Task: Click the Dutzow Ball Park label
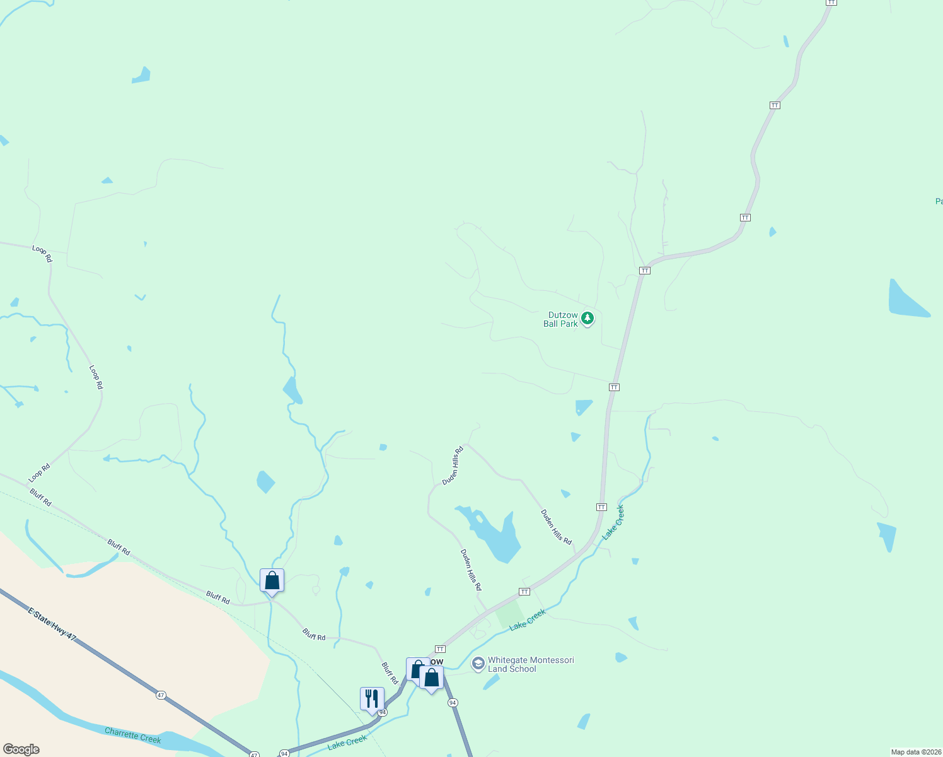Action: tap(560, 319)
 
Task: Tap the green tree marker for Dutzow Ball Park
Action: tap(587, 319)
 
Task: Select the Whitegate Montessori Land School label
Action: tap(531, 664)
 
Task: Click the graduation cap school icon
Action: tap(478, 664)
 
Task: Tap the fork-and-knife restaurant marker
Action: tap(372, 698)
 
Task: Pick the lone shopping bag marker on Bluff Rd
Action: tap(272, 580)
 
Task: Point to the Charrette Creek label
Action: tap(133, 736)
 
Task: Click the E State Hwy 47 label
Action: tap(52, 625)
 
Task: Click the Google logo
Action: tap(21, 749)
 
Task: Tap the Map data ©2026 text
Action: tap(915, 752)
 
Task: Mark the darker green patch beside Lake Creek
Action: tap(509, 613)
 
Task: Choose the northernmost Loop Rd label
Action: tap(42, 254)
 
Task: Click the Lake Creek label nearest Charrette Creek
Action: tap(347, 742)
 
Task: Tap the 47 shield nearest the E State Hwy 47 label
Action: tap(161, 695)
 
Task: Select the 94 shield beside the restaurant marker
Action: tap(383, 712)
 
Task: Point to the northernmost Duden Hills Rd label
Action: tap(453, 466)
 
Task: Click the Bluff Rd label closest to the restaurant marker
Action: tap(390, 673)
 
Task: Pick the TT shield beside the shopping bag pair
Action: tap(440, 649)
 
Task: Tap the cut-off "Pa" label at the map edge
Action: tap(939, 201)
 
